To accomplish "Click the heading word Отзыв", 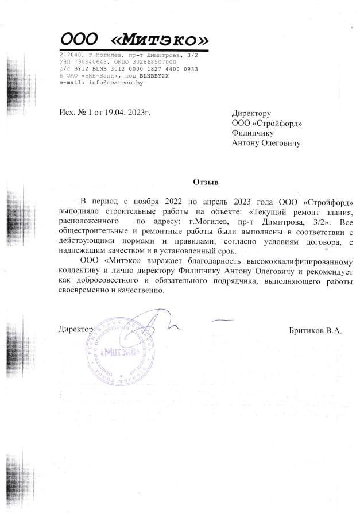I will click(x=206, y=182).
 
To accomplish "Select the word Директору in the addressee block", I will click(x=251, y=113).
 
